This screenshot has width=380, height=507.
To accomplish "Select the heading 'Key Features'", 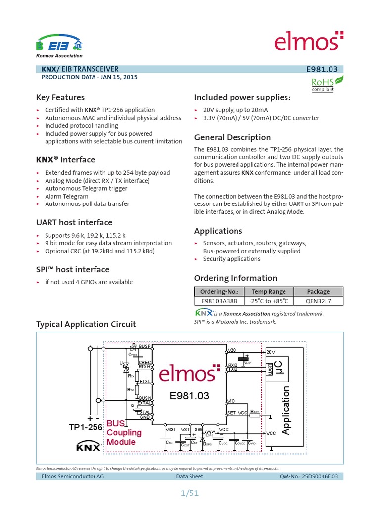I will click(60, 97).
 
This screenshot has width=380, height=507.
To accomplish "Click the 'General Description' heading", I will click(233, 137).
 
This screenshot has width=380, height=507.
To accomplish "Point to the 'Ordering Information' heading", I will click(236, 278).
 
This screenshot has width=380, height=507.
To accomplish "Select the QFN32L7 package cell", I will click(318, 301).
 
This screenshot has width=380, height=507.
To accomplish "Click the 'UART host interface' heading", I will click(74, 222).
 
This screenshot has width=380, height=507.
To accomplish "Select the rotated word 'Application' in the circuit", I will click(285, 411).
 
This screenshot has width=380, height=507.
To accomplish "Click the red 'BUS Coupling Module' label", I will click(124, 432).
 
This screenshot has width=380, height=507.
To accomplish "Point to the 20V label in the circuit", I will click(271, 352).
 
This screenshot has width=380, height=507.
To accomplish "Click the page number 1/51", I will click(190, 493).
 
